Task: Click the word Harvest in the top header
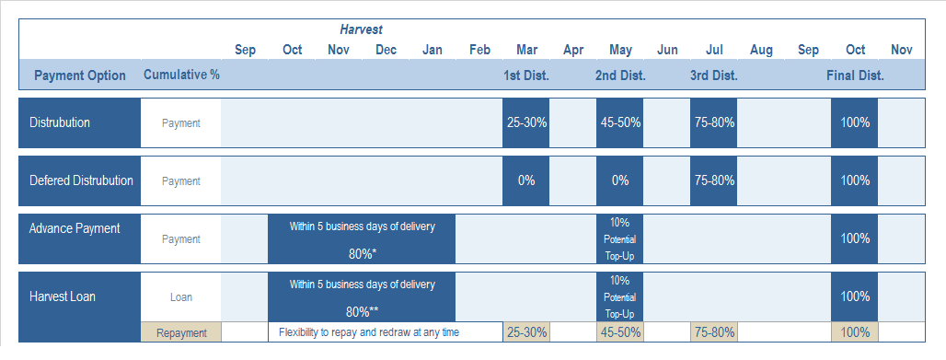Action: pos(361,30)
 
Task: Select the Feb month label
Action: pos(479,50)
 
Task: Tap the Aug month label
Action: pos(761,50)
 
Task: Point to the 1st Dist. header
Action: pos(525,75)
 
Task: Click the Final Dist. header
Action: pos(854,75)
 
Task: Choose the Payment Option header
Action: pos(80,75)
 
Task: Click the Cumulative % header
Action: pos(181,75)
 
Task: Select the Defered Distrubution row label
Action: pos(81,180)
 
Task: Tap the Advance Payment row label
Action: pos(75,228)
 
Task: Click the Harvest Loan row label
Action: pos(63,296)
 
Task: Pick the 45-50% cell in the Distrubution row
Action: pos(620,123)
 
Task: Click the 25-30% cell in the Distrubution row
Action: pos(525,123)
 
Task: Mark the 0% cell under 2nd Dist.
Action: pos(620,180)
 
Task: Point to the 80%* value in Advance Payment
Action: pos(362,253)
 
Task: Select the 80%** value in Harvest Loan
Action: pos(362,311)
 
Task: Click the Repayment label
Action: pos(181,332)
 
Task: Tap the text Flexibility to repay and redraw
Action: pos(369,332)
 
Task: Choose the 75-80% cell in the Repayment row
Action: pos(714,332)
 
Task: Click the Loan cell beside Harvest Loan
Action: pos(181,297)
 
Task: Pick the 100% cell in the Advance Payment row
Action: pos(854,238)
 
